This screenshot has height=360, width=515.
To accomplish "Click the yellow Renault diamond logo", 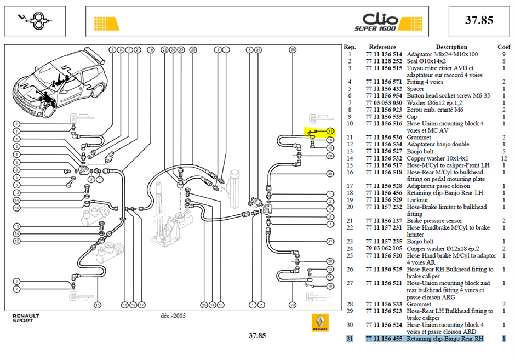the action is pyautogui.click(x=320, y=323).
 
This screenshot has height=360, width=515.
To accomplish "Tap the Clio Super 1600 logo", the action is pyautogui.click(x=376, y=22).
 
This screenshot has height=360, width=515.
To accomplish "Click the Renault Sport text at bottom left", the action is pyautogui.click(x=26, y=318).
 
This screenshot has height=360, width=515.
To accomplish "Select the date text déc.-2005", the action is pyautogui.click(x=173, y=316).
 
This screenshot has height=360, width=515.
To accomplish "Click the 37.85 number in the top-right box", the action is pyautogui.click(x=479, y=20).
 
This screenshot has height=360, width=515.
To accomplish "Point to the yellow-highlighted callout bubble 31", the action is pyautogui.click(x=330, y=131).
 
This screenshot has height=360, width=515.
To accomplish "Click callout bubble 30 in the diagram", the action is pyautogui.click(x=330, y=174).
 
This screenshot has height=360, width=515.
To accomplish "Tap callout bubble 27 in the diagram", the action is pyautogui.click(x=330, y=242).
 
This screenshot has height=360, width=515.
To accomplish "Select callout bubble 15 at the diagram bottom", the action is pyautogui.click(x=98, y=305).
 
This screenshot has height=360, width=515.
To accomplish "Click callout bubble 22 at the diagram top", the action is pyautogui.click(x=164, y=50).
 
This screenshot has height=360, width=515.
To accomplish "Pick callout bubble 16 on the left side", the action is pyautogui.click(x=16, y=208).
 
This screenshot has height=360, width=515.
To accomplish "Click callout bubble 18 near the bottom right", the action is pyautogui.click(x=330, y=287).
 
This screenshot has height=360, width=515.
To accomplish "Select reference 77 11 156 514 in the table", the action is pyautogui.click(x=384, y=54).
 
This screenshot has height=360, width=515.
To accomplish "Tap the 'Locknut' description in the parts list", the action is pyautogui.click(x=417, y=200).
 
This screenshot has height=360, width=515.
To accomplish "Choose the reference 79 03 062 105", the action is pyautogui.click(x=384, y=248).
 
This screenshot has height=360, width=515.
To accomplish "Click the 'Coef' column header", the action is pyautogui.click(x=504, y=47).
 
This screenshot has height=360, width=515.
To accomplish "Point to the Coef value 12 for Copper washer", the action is pyautogui.click(x=504, y=158).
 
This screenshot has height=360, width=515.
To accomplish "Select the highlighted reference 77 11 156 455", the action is pyautogui.click(x=384, y=339).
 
